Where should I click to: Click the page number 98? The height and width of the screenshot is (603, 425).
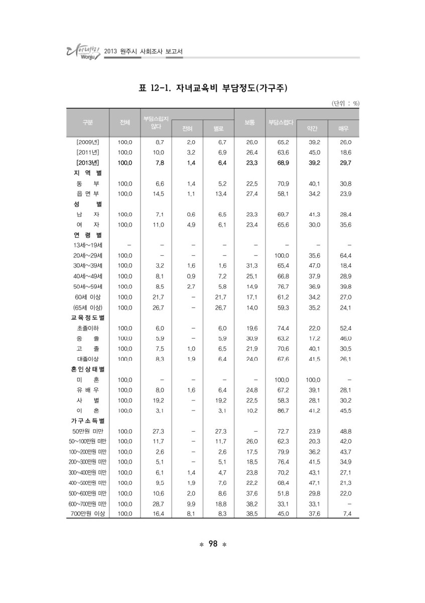[x=212, y=544]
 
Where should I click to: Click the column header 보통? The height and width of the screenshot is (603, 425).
[x=249, y=122]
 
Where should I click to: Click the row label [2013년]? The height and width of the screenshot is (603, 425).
[x=87, y=163]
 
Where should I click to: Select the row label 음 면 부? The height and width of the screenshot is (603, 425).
[x=87, y=193]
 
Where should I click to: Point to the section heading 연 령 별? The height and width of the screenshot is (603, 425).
[x=87, y=235]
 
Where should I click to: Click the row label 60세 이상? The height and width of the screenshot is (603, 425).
[x=87, y=297]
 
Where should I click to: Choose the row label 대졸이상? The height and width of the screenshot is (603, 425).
[x=87, y=359]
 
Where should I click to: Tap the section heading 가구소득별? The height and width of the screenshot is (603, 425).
[x=87, y=421]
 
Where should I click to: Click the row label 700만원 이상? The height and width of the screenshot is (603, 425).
[x=87, y=514]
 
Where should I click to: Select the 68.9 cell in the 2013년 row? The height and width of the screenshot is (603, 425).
[x=283, y=163]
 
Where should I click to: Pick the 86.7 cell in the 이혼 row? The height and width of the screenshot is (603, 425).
[x=283, y=411]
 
